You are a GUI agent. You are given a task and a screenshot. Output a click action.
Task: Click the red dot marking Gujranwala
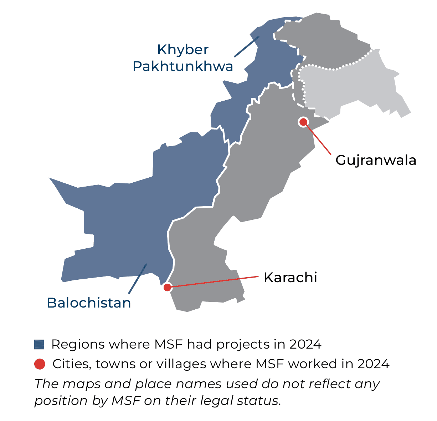303,122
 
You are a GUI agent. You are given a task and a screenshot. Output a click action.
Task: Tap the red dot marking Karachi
167,287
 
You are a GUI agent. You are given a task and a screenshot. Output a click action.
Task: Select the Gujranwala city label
376,160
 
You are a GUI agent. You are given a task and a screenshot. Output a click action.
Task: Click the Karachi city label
290,278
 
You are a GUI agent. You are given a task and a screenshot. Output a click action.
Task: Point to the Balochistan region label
89,303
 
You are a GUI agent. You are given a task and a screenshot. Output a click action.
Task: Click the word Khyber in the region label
183,50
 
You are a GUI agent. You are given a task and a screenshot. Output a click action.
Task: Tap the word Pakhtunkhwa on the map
183,66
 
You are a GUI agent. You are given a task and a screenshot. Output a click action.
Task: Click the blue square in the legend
39,345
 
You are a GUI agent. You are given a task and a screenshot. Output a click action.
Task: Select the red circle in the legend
40,364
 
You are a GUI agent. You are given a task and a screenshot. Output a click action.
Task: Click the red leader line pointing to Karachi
214,282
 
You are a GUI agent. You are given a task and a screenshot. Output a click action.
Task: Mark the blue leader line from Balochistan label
138,279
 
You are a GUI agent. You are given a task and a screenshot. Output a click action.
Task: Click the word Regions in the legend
78,345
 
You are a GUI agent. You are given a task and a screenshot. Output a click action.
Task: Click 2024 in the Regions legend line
305,345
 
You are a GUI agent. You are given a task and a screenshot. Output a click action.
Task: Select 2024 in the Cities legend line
374,364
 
